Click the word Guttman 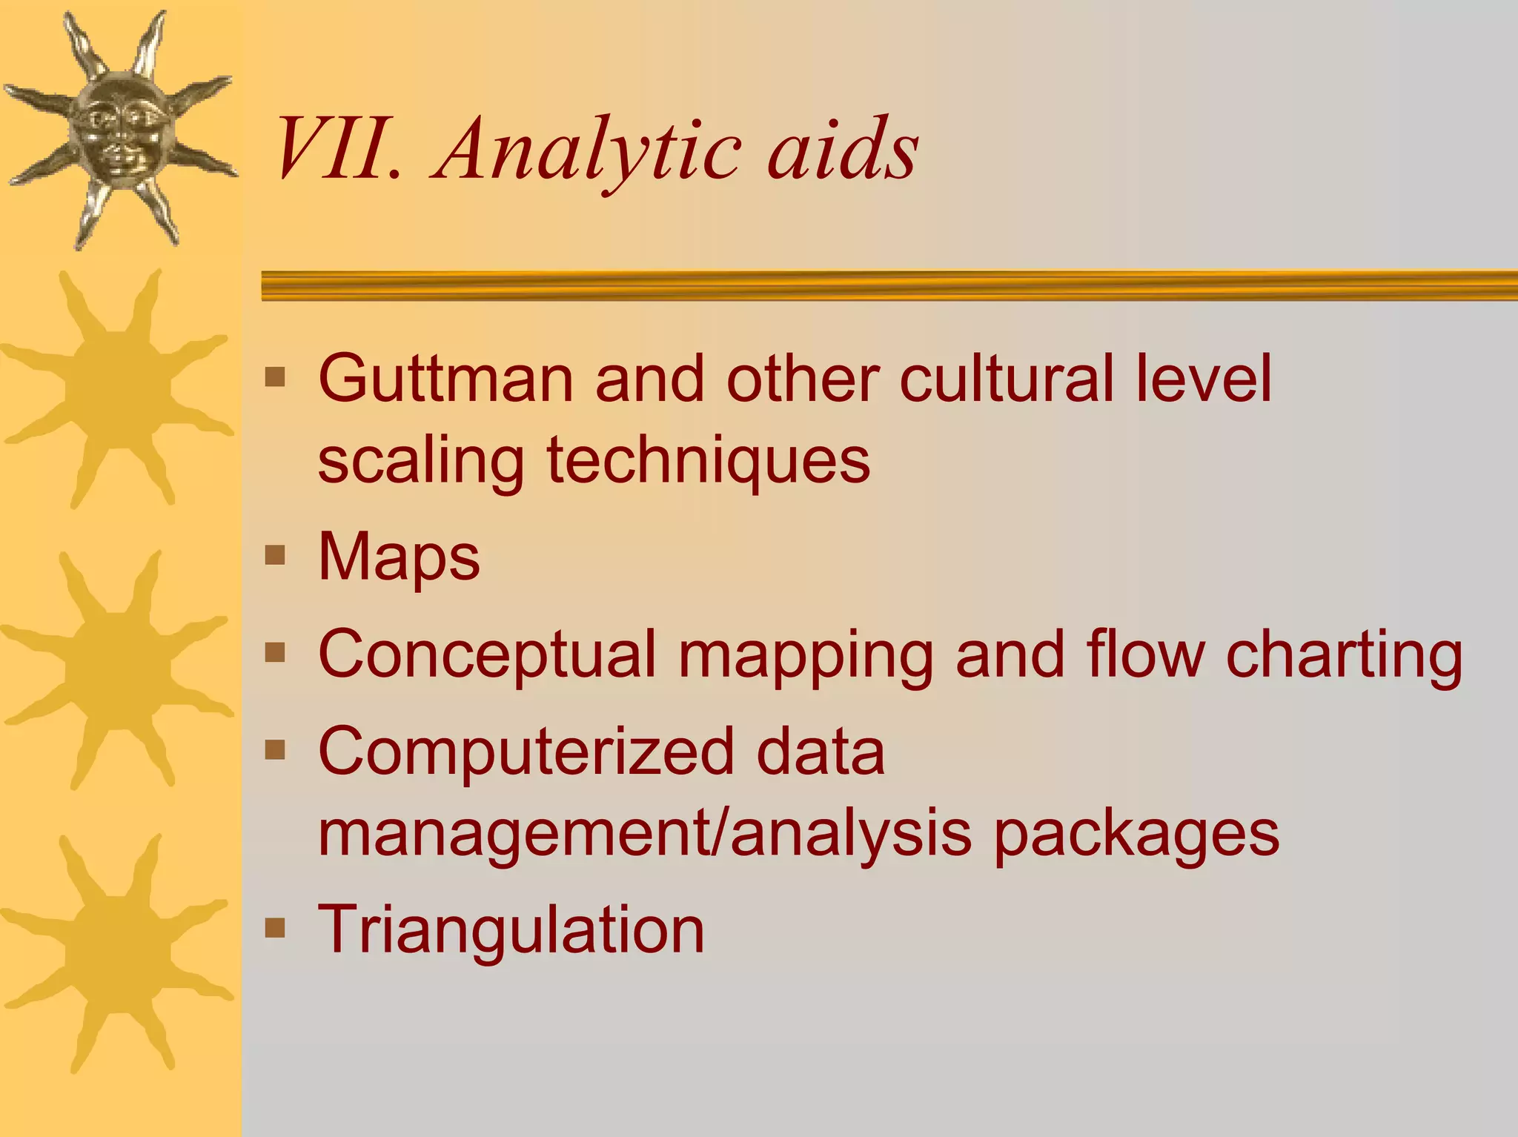[445, 379]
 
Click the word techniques [708, 460]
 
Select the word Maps [399, 557]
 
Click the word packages [1136, 834]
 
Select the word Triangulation [511, 929]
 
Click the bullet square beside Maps [275, 555]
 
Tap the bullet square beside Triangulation [275, 927]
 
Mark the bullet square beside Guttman [275, 377]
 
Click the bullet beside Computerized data [275, 750]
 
